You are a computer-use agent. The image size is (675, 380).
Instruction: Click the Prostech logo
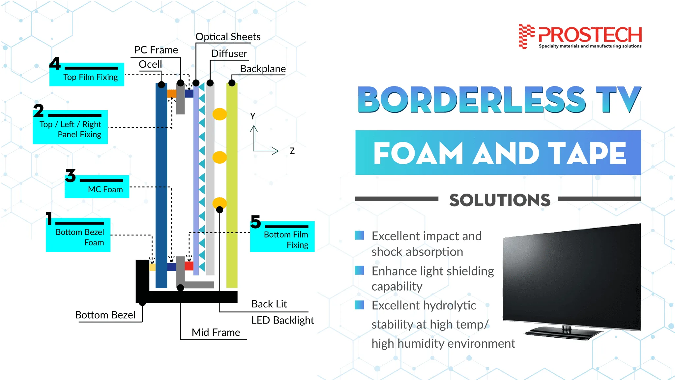(x=580, y=36)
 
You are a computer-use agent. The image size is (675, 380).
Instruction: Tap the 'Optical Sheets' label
(x=228, y=37)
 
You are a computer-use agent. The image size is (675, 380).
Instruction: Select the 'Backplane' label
(x=263, y=69)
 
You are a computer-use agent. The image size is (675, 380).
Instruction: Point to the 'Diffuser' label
(x=229, y=53)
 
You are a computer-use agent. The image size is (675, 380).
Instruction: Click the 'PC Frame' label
(x=156, y=50)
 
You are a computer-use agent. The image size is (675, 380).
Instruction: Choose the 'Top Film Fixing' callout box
(x=87, y=74)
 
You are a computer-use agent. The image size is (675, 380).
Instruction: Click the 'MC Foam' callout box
(x=97, y=186)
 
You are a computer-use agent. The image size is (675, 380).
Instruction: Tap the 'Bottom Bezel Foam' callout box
(x=78, y=235)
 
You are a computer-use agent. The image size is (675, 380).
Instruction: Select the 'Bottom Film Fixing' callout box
(x=282, y=237)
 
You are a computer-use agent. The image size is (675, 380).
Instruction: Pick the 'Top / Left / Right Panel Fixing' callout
(x=70, y=127)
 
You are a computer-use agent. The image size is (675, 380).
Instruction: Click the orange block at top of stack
(x=172, y=93)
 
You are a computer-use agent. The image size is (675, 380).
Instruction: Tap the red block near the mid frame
(x=189, y=266)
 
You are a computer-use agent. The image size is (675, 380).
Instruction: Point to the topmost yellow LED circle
(x=220, y=114)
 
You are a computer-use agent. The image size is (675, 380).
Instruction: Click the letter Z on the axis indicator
(x=292, y=151)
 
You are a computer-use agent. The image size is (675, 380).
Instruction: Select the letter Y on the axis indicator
(x=253, y=116)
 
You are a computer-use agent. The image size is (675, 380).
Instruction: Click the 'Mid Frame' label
(x=216, y=332)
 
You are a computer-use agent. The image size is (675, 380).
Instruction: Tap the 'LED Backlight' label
(x=282, y=320)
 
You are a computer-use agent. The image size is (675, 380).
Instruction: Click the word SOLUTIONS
(x=500, y=200)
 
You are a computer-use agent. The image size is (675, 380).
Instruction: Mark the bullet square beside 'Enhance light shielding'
(x=359, y=270)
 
